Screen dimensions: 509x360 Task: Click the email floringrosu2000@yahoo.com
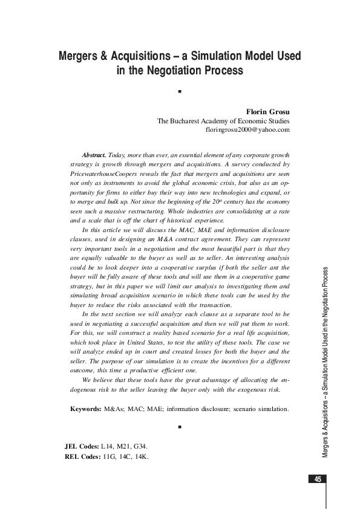(248, 129)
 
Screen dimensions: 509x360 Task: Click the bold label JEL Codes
(82, 446)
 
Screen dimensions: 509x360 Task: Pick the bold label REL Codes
(82, 456)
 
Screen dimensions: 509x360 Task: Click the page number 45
(317, 479)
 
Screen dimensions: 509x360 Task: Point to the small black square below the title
(180, 92)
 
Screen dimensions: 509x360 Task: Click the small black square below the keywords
(180, 427)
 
